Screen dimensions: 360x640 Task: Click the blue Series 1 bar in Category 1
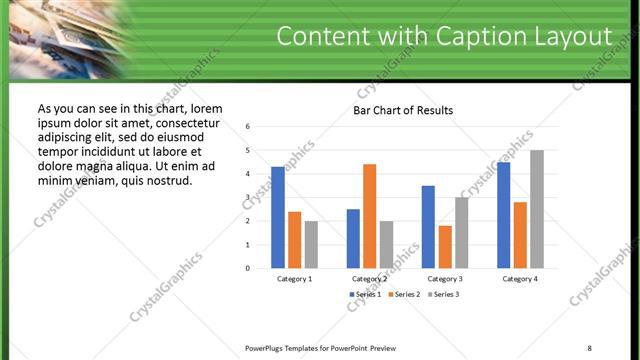277,217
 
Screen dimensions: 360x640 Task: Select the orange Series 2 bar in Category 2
369,216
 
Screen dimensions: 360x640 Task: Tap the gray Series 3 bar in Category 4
537,209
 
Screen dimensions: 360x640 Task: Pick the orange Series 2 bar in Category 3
445,247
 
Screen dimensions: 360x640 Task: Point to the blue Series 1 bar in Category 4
503,215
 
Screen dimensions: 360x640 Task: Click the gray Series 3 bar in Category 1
311,245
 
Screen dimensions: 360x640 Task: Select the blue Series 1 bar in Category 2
353,238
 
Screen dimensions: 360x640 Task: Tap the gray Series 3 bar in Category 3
461,232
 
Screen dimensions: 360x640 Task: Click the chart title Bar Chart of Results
403,110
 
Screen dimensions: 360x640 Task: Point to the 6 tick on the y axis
247,127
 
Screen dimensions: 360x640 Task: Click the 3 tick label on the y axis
247,198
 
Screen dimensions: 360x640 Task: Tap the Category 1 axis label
295,278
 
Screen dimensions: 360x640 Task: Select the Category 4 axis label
520,278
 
